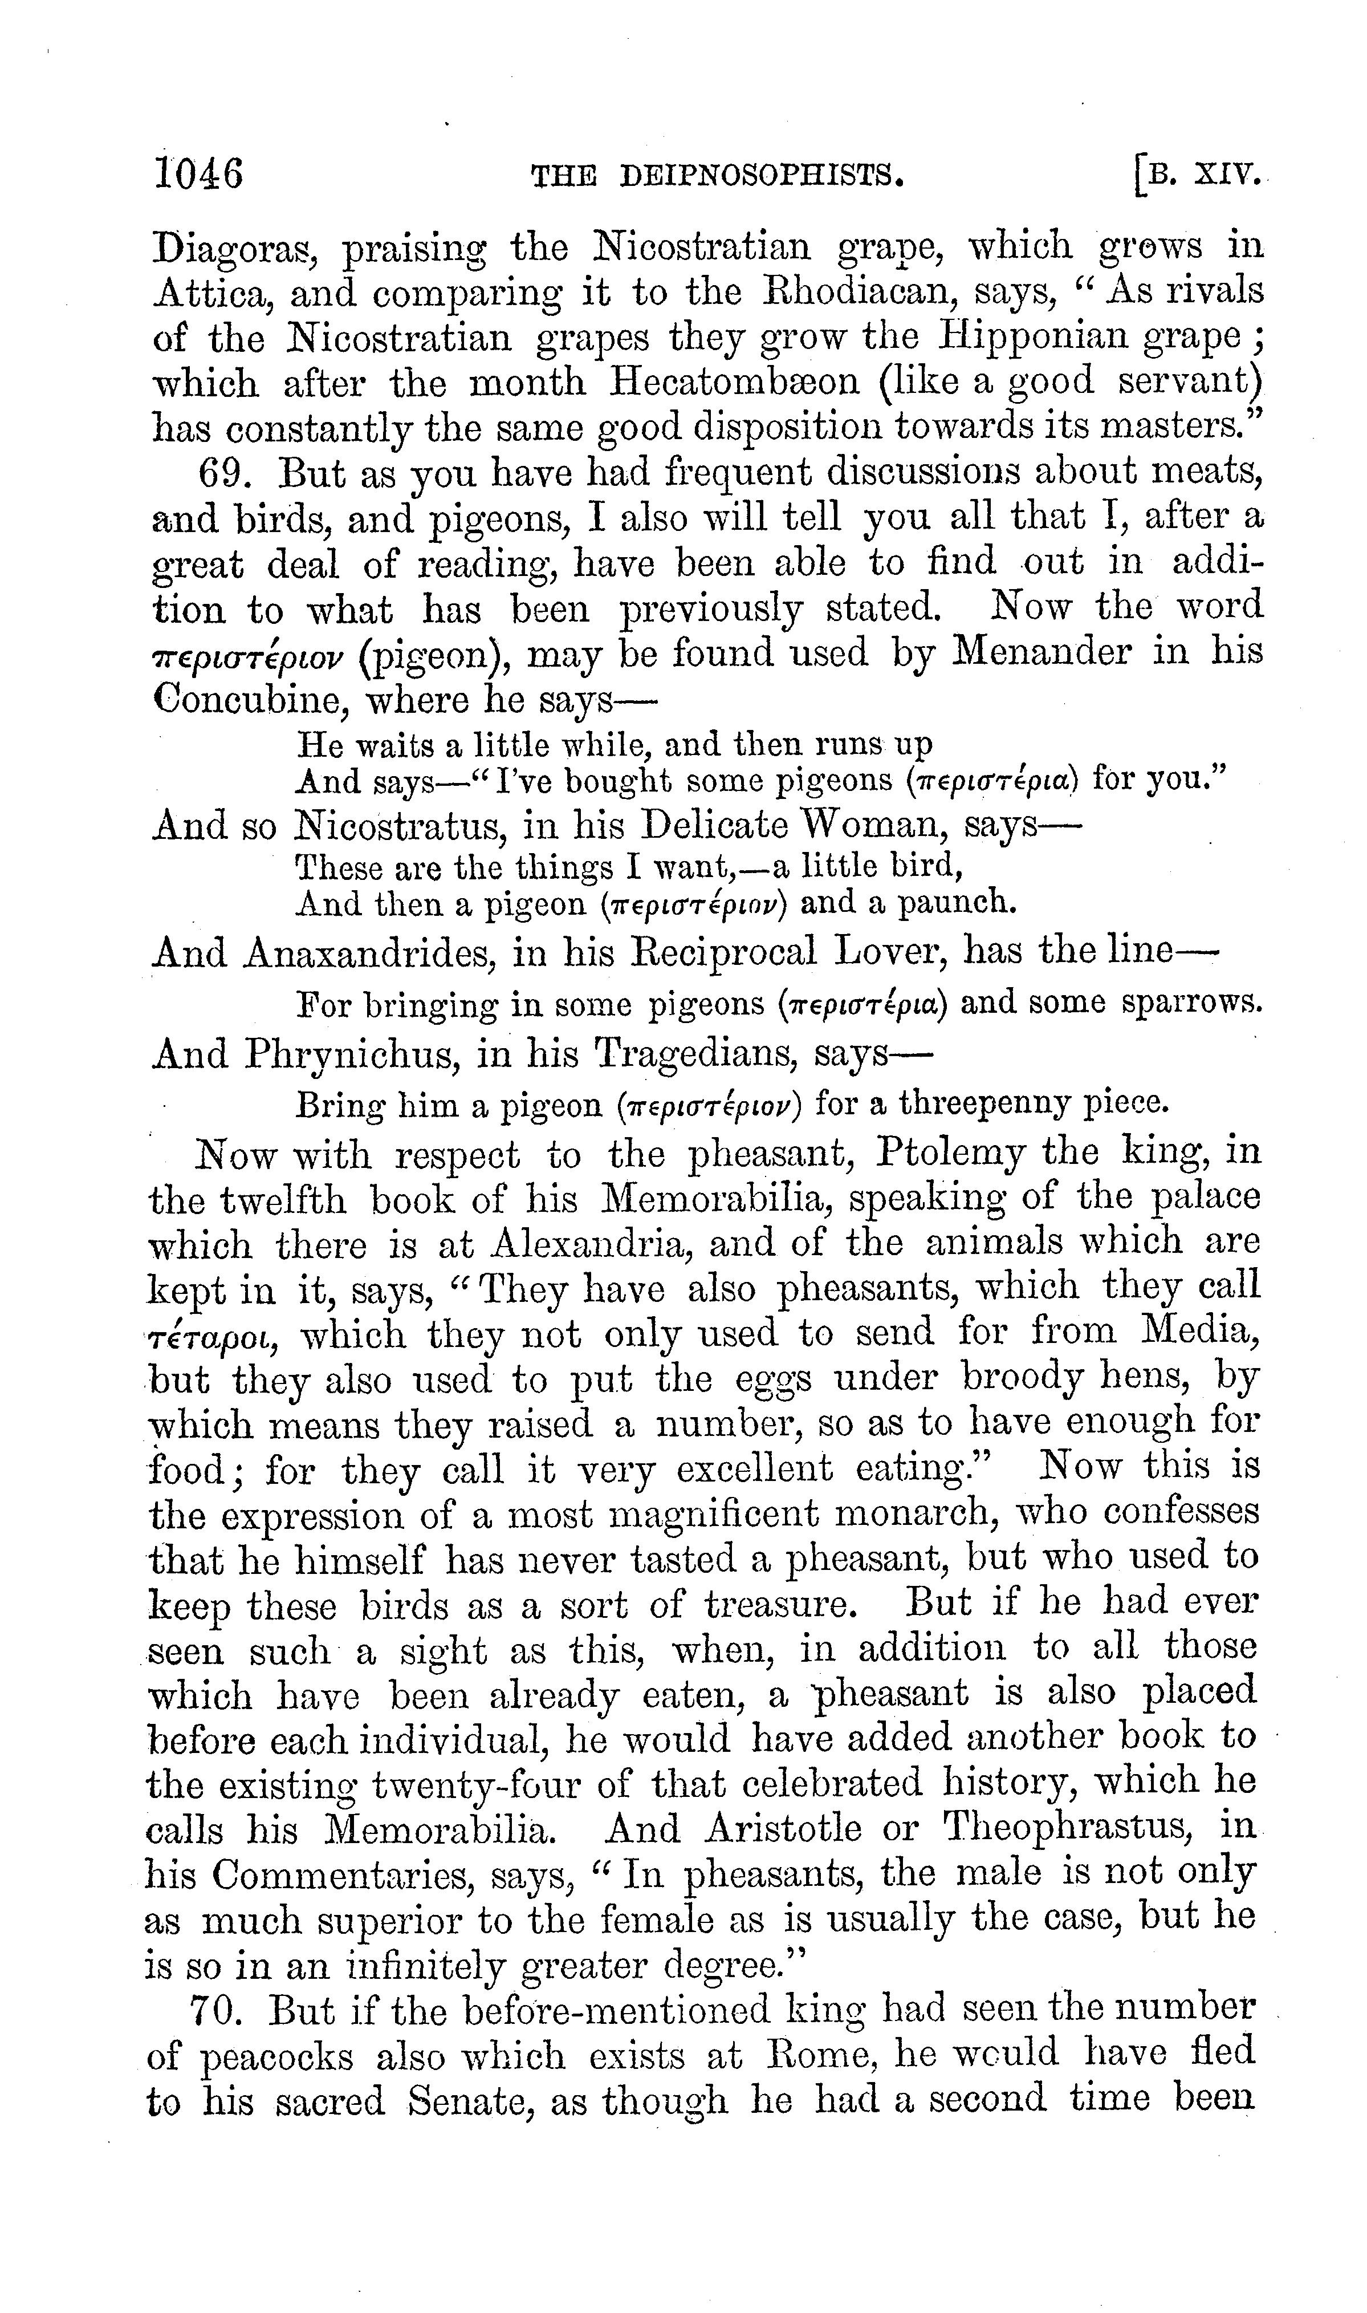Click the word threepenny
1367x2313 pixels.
click(987, 1102)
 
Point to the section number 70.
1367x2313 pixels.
click(217, 2010)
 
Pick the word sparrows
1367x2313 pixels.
click(1190, 1003)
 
